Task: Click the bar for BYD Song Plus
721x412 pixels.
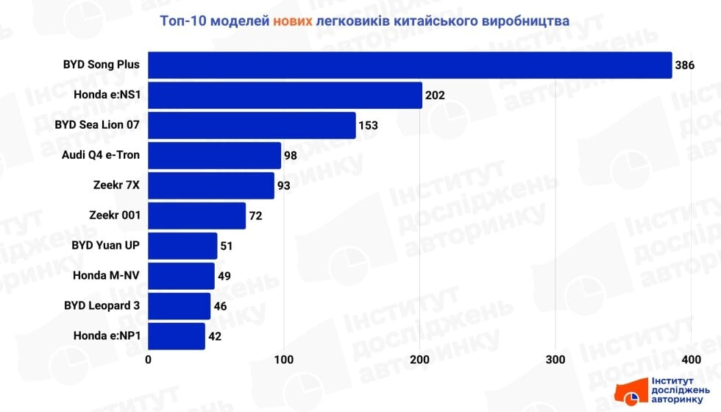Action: tap(410, 65)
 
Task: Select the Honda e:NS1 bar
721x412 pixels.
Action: tap(285, 96)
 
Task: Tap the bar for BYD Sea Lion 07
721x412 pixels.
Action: tap(252, 126)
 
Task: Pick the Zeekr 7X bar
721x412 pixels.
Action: tap(211, 185)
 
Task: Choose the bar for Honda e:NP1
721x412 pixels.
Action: tap(177, 336)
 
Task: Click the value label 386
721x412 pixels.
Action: tap(684, 65)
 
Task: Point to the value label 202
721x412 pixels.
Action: tap(435, 96)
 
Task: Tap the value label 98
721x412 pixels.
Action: tap(291, 156)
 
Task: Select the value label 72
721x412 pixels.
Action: tap(255, 216)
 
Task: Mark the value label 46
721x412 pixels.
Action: tap(221, 307)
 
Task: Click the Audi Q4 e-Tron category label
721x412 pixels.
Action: tap(102, 155)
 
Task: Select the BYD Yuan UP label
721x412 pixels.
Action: tap(107, 246)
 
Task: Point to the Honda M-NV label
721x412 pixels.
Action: tap(107, 276)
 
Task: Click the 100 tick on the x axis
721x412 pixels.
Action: tap(284, 360)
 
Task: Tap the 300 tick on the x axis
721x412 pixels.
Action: tap(555, 360)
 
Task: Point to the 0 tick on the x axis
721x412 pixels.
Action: tap(149, 360)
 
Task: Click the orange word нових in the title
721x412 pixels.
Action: tap(292, 21)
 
